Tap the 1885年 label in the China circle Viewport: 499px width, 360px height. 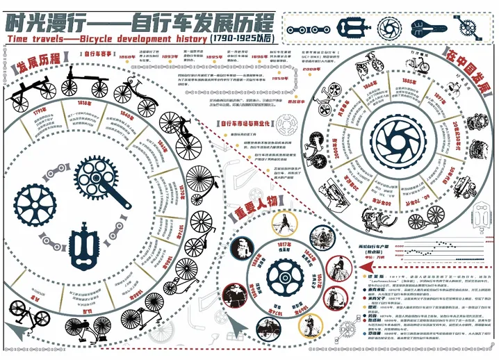408,81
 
